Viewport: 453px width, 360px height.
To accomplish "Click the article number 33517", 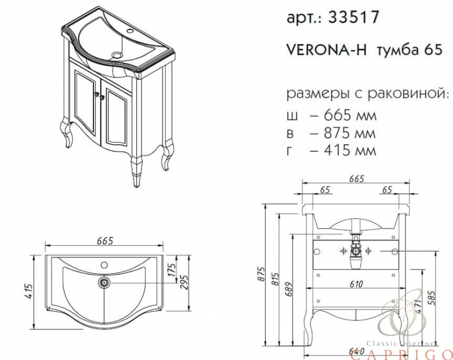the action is pyautogui.click(x=353, y=17).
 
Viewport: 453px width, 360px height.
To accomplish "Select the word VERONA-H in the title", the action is pyautogui.click(x=327, y=50).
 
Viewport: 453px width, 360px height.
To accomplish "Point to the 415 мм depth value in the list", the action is pyautogui.click(x=350, y=151).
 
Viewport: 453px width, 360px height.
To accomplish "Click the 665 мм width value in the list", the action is pyautogui.click(x=350, y=115).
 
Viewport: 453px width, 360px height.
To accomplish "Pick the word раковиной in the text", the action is pyautogui.click(x=408, y=94).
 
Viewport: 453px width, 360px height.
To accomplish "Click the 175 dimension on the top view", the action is pyautogui.click(x=172, y=269).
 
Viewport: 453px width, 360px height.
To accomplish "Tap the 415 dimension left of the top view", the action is pyautogui.click(x=29, y=292).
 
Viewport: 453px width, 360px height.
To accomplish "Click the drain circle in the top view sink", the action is pyautogui.click(x=104, y=282).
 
